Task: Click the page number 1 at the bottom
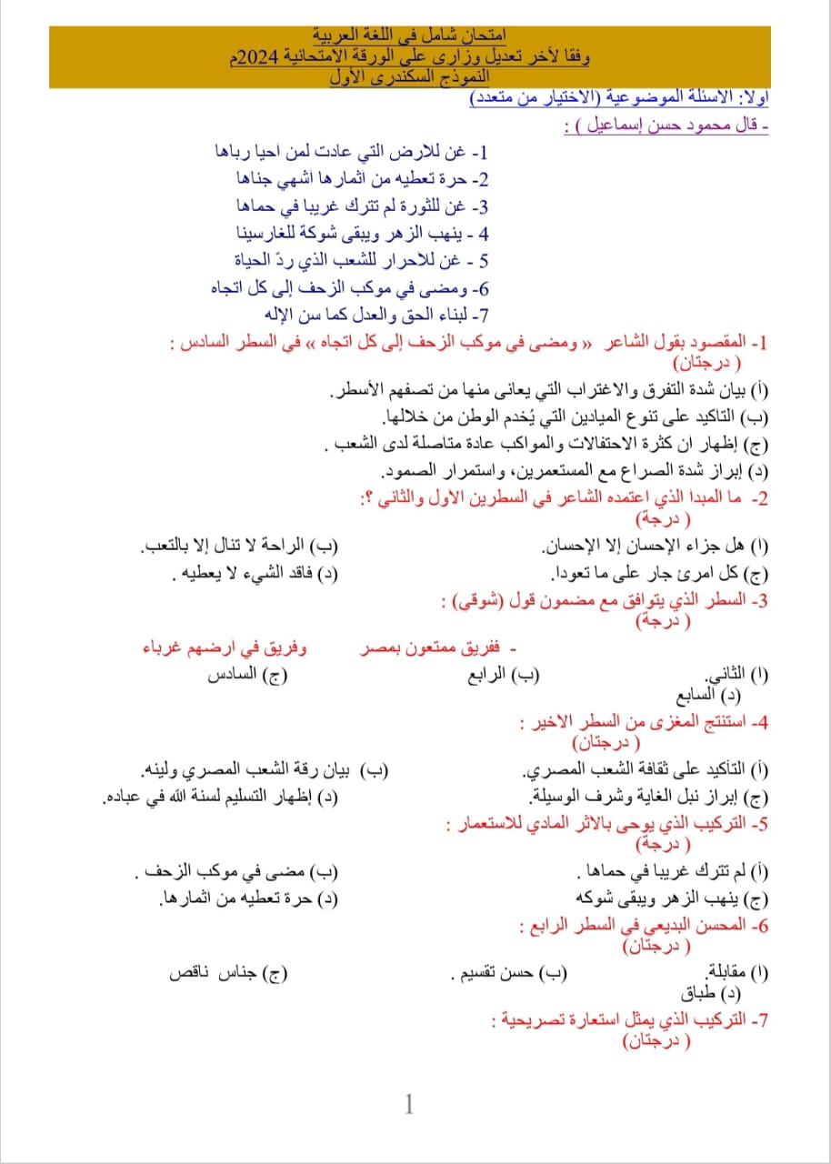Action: pyautogui.click(x=409, y=1105)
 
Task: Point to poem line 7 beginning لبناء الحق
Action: pyautogui.click(x=376, y=315)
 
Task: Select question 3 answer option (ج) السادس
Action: pyautogui.click(x=245, y=675)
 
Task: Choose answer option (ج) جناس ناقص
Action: pyautogui.click(x=230, y=972)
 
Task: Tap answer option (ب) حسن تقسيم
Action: pyautogui.click(x=509, y=972)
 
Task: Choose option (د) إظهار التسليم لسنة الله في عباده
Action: pyautogui.click(x=221, y=798)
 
